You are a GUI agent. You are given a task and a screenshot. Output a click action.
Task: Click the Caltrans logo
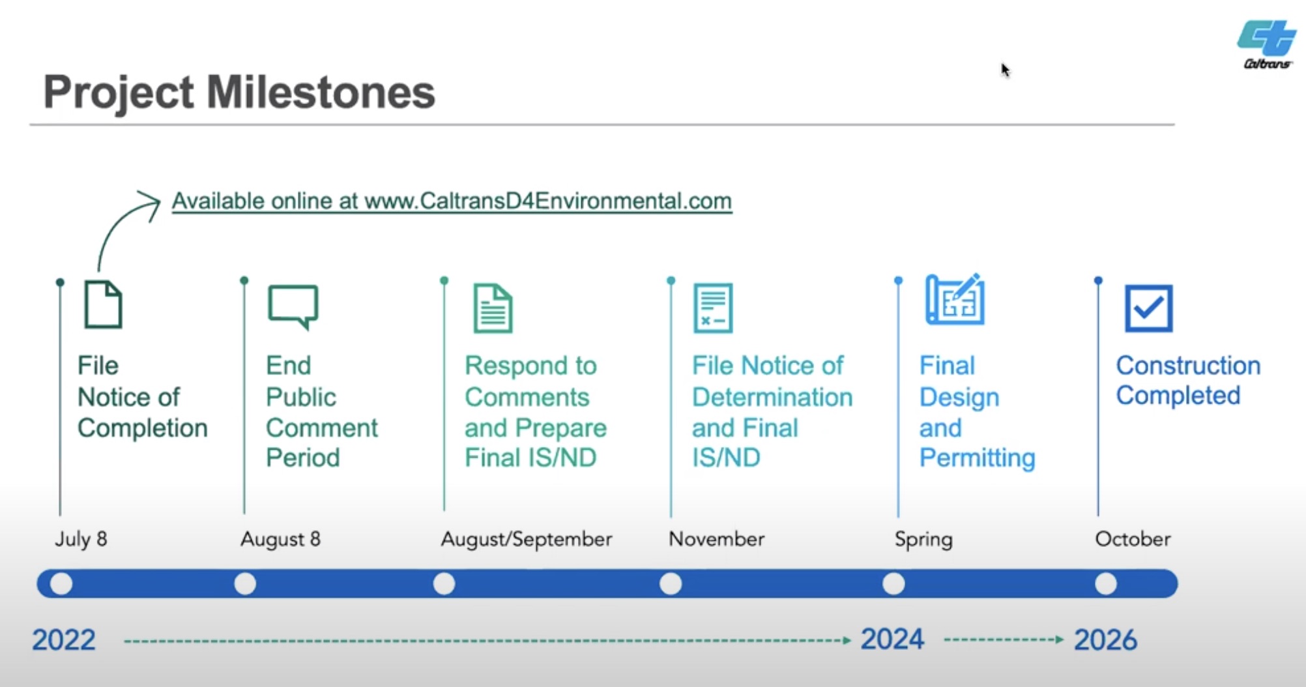click(1266, 44)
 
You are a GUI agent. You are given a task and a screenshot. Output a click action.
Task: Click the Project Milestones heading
click(239, 92)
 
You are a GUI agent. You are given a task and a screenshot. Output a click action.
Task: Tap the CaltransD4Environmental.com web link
click(452, 201)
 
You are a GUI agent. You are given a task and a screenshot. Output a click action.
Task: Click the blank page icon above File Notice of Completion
click(103, 304)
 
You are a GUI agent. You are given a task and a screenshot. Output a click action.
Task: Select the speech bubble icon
click(293, 307)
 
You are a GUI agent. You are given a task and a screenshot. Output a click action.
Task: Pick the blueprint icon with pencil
click(955, 299)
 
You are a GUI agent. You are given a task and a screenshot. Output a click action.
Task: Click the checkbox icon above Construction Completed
click(1148, 308)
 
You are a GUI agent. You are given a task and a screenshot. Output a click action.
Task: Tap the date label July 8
click(81, 539)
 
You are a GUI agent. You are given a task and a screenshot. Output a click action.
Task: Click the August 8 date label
click(280, 539)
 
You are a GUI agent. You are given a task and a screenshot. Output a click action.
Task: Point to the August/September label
click(527, 539)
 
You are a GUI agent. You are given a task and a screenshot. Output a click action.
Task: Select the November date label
click(716, 539)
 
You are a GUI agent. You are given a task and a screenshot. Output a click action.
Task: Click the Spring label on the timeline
click(923, 540)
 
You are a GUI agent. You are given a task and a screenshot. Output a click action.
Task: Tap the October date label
click(1133, 539)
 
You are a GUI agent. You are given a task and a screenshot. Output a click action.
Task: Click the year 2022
click(64, 640)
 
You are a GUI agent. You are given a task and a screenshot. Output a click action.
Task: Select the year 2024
click(892, 639)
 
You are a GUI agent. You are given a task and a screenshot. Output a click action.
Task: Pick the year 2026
click(1105, 640)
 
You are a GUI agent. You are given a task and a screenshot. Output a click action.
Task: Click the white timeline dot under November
click(671, 583)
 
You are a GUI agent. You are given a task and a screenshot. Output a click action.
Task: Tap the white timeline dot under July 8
click(61, 583)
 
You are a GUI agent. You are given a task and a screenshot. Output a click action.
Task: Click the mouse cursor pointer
click(1005, 70)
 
